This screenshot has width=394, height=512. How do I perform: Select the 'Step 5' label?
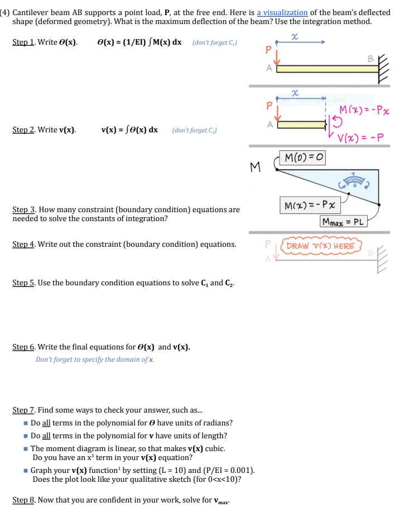23,283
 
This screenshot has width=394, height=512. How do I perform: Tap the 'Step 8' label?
23,500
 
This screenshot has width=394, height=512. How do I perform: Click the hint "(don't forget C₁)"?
215,43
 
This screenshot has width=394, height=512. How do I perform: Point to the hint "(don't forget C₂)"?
195,130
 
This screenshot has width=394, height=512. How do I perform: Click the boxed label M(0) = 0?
303,158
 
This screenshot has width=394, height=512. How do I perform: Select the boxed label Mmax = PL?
343,222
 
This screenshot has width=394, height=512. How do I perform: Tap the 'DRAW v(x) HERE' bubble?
321,246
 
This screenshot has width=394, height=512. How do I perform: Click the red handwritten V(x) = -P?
358,138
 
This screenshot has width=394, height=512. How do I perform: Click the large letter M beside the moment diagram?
256,166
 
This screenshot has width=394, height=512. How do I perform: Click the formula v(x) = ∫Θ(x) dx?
129,130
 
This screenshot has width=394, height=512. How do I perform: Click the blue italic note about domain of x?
94,360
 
